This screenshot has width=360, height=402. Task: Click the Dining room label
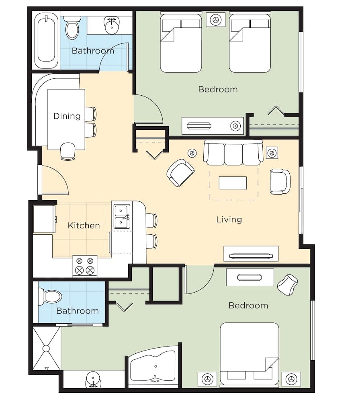67,116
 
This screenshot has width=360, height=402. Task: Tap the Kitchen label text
84,226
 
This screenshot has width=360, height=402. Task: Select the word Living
229,219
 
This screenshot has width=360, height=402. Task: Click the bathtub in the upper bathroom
46,41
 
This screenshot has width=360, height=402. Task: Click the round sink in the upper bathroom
110,25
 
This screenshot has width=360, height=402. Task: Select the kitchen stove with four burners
85,266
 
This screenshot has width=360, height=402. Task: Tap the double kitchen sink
122,217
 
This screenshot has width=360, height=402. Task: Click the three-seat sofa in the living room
233,153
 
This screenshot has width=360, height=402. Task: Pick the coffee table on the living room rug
233,183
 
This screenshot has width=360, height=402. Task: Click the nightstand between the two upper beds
216,20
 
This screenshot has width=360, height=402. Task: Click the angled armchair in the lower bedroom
288,284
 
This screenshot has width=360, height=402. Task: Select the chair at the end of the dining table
67,152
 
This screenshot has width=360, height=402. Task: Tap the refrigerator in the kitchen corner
44,219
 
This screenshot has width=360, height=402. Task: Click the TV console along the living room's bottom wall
251,254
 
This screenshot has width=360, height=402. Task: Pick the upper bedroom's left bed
181,43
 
